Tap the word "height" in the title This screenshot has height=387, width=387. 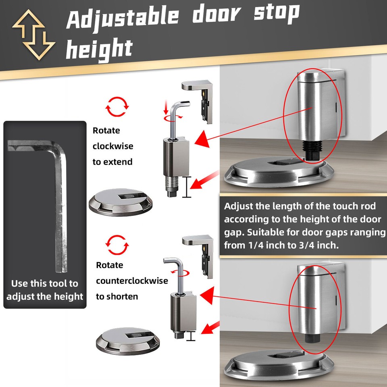point(99,49)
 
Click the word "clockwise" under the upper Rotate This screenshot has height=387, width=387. point(113,146)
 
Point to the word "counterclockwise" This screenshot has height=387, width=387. point(132,281)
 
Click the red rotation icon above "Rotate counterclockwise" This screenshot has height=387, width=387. point(117,243)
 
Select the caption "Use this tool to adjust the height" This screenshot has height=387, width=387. point(45,290)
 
